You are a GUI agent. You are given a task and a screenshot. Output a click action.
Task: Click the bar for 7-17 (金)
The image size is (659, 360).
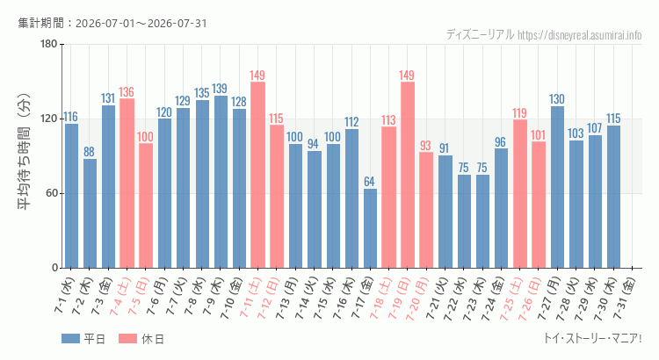[370, 228]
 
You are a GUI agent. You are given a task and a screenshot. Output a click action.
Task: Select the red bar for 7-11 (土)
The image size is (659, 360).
[257, 175]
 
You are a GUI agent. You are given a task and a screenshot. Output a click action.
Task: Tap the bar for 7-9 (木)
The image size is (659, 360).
[221, 182]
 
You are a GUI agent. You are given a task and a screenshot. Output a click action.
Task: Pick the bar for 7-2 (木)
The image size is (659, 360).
[90, 213]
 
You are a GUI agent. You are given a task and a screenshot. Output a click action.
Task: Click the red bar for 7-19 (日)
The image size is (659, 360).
[407, 175]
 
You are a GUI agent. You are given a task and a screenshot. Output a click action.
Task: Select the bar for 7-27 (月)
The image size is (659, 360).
[557, 187]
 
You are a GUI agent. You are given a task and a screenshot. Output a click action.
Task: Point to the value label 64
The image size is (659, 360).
[369, 182]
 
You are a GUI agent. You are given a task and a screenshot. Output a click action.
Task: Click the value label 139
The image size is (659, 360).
[220, 89]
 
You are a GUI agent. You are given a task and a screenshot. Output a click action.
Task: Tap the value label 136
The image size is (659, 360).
[126, 92]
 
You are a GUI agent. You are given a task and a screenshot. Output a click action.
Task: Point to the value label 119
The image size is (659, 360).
[519, 113]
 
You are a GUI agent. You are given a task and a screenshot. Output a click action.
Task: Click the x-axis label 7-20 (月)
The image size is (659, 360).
[417, 298]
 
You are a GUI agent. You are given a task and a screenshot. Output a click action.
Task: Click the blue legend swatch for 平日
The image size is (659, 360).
[70, 339]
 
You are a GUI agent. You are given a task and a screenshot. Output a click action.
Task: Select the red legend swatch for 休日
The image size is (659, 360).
[127, 339]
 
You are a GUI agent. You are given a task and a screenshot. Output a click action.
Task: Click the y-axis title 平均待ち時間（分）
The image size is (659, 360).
[25, 152]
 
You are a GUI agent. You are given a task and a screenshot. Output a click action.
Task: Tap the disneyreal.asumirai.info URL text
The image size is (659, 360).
[580, 35]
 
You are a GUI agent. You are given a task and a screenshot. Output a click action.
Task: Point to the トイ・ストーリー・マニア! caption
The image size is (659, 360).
[592, 338]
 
